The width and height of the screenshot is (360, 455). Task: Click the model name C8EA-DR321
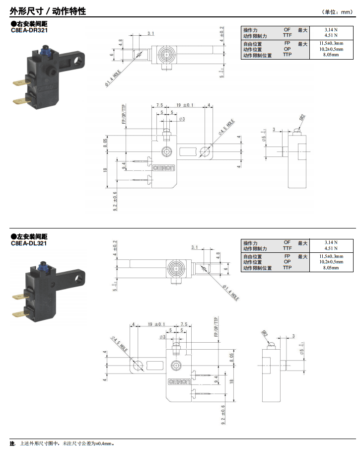pos(30,30)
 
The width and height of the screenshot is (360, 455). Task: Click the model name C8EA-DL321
pos(29,243)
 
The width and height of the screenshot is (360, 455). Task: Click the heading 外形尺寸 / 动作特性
pos(48,10)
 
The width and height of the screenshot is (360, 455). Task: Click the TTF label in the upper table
pos(288,36)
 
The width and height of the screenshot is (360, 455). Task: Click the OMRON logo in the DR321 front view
pos(163,168)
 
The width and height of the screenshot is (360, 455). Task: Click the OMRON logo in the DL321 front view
pos(179,382)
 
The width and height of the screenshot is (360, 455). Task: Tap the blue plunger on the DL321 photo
pos(47,265)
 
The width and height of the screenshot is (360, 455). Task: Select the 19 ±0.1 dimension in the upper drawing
pos(185,105)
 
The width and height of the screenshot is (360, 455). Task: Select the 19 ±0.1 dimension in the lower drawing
pos(156,324)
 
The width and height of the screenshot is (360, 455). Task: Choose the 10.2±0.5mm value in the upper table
pos(330,50)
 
